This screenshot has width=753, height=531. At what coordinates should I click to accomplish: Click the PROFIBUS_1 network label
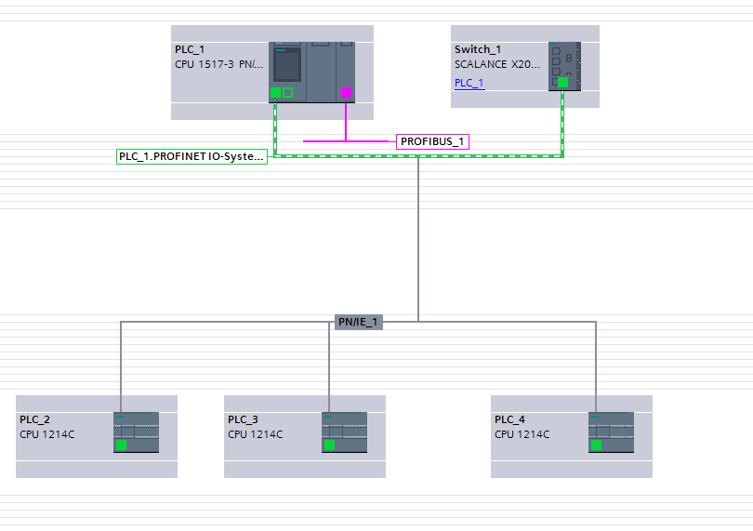[x=432, y=141]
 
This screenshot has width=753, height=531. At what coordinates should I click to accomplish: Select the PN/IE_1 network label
[x=359, y=322]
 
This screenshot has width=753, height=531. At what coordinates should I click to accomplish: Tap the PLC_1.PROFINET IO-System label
[x=192, y=156]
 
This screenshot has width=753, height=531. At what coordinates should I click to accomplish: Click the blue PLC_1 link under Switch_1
[x=469, y=83]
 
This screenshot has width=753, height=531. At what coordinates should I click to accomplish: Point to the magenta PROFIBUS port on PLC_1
[x=346, y=92]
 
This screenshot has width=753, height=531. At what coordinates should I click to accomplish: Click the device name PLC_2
[x=34, y=419]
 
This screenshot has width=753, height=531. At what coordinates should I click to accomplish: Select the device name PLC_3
[x=243, y=419]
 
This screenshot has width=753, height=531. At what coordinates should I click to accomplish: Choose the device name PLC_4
[x=509, y=419]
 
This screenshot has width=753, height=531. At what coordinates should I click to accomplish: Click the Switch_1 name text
[x=478, y=49]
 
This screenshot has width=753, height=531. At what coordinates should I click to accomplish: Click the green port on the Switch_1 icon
[x=562, y=82]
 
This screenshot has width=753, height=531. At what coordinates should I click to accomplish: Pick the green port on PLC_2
[x=121, y=445]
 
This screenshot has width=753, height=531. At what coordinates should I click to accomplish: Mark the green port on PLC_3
[x=329, y=445]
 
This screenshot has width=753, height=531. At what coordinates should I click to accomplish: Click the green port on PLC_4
[x=596, y=445]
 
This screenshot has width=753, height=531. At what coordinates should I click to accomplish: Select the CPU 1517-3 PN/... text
[x=219, y=65]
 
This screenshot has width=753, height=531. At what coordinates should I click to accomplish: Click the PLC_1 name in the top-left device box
[x=190, y=49]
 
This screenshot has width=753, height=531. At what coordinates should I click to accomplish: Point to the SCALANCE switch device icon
[x=564, y=65]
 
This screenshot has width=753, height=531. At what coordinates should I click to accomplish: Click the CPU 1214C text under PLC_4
[x=522, y=434]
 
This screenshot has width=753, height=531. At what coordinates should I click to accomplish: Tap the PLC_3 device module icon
[x=344, y=431]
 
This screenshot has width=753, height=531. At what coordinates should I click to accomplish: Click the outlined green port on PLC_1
[x=287, y=92]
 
